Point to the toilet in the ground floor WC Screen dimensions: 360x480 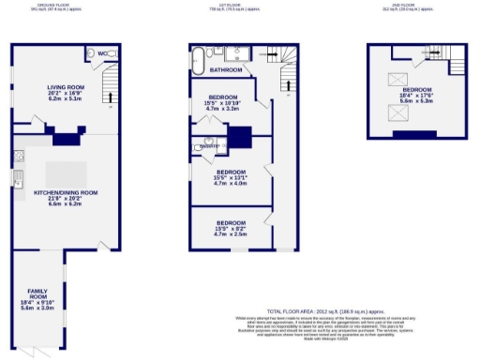point(113,54)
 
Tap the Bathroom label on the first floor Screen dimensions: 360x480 point(226,70)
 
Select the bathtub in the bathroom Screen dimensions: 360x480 point(199,62)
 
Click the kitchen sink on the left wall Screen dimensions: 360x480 point(17,178)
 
